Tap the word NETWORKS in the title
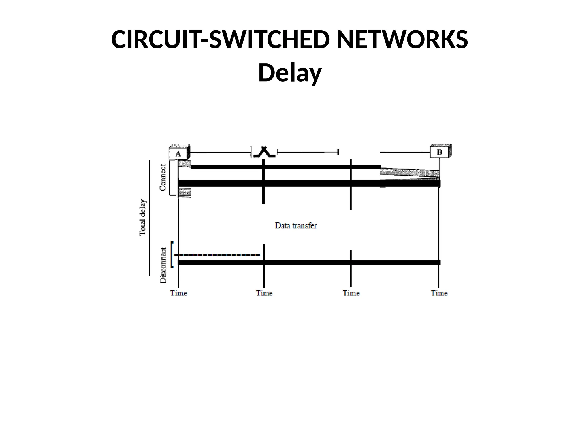pyautogui.click(x=402, y=40)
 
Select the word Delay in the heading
pyautogui.click(x=290, y=73)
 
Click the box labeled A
pyautogui.click(x=178, y=153)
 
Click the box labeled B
pyautogui.click(x=440, y=152)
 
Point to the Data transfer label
pyautogui.click(x=296, y=226)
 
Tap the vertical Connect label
pyautogui.click(x=163, y=178)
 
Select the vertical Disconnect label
pyautogui.click(x=163, y=265)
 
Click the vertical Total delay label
pyautogui.click(x=143, y=217)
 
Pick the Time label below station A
pyautogui.click(x=179, y=293)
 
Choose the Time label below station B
pyautogui.click(x=439, y=293)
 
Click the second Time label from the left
pyautogui.click(x=264, y=293)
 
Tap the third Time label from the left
pyautogui.click(x=351, y=293)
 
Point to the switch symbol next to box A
pyautogui.click(x=264, y=152)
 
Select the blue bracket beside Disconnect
pyautogui.click(x=172, y=254)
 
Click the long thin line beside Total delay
pyautogui.click(x=149, y=217)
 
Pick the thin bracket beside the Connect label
pyautogui.click(x=170, y=178)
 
